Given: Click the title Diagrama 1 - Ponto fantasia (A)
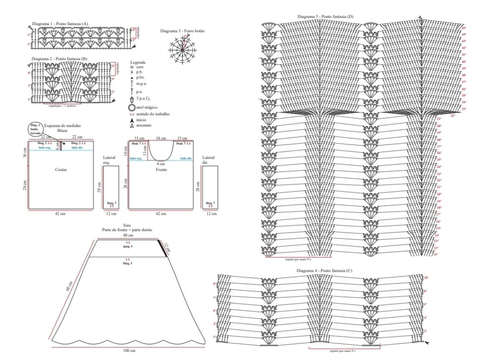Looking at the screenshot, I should click(60, 24).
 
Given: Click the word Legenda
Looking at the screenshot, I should click(137, 62).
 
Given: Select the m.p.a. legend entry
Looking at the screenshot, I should click(142, 83).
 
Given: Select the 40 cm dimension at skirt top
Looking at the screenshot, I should click(127, 235).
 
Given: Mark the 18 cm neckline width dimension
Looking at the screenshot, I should click(161, 138).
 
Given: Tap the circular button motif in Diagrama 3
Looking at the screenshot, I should click(181, 49).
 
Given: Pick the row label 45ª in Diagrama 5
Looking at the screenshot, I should click(464, 28).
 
